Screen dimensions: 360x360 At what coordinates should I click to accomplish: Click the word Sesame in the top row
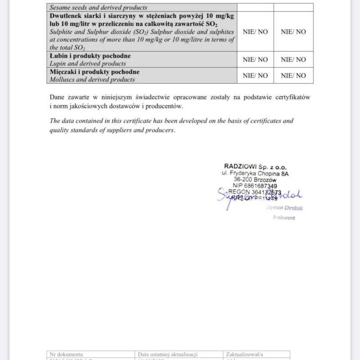(60, 7)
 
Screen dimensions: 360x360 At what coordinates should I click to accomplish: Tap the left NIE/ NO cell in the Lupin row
(255, 59)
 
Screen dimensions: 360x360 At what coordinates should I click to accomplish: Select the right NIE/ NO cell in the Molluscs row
(293, 76)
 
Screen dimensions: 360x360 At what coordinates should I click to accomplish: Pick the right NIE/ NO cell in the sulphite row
(293, 31)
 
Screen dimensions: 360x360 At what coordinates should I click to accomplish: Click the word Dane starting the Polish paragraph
(58, 97)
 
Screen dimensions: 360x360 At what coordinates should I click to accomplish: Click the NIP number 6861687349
(261, 185)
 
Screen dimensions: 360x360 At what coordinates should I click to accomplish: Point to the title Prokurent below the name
(284, 218)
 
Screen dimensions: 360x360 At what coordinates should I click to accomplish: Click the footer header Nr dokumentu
(66, 354)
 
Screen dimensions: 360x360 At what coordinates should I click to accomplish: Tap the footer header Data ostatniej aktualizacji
(168, 354)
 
